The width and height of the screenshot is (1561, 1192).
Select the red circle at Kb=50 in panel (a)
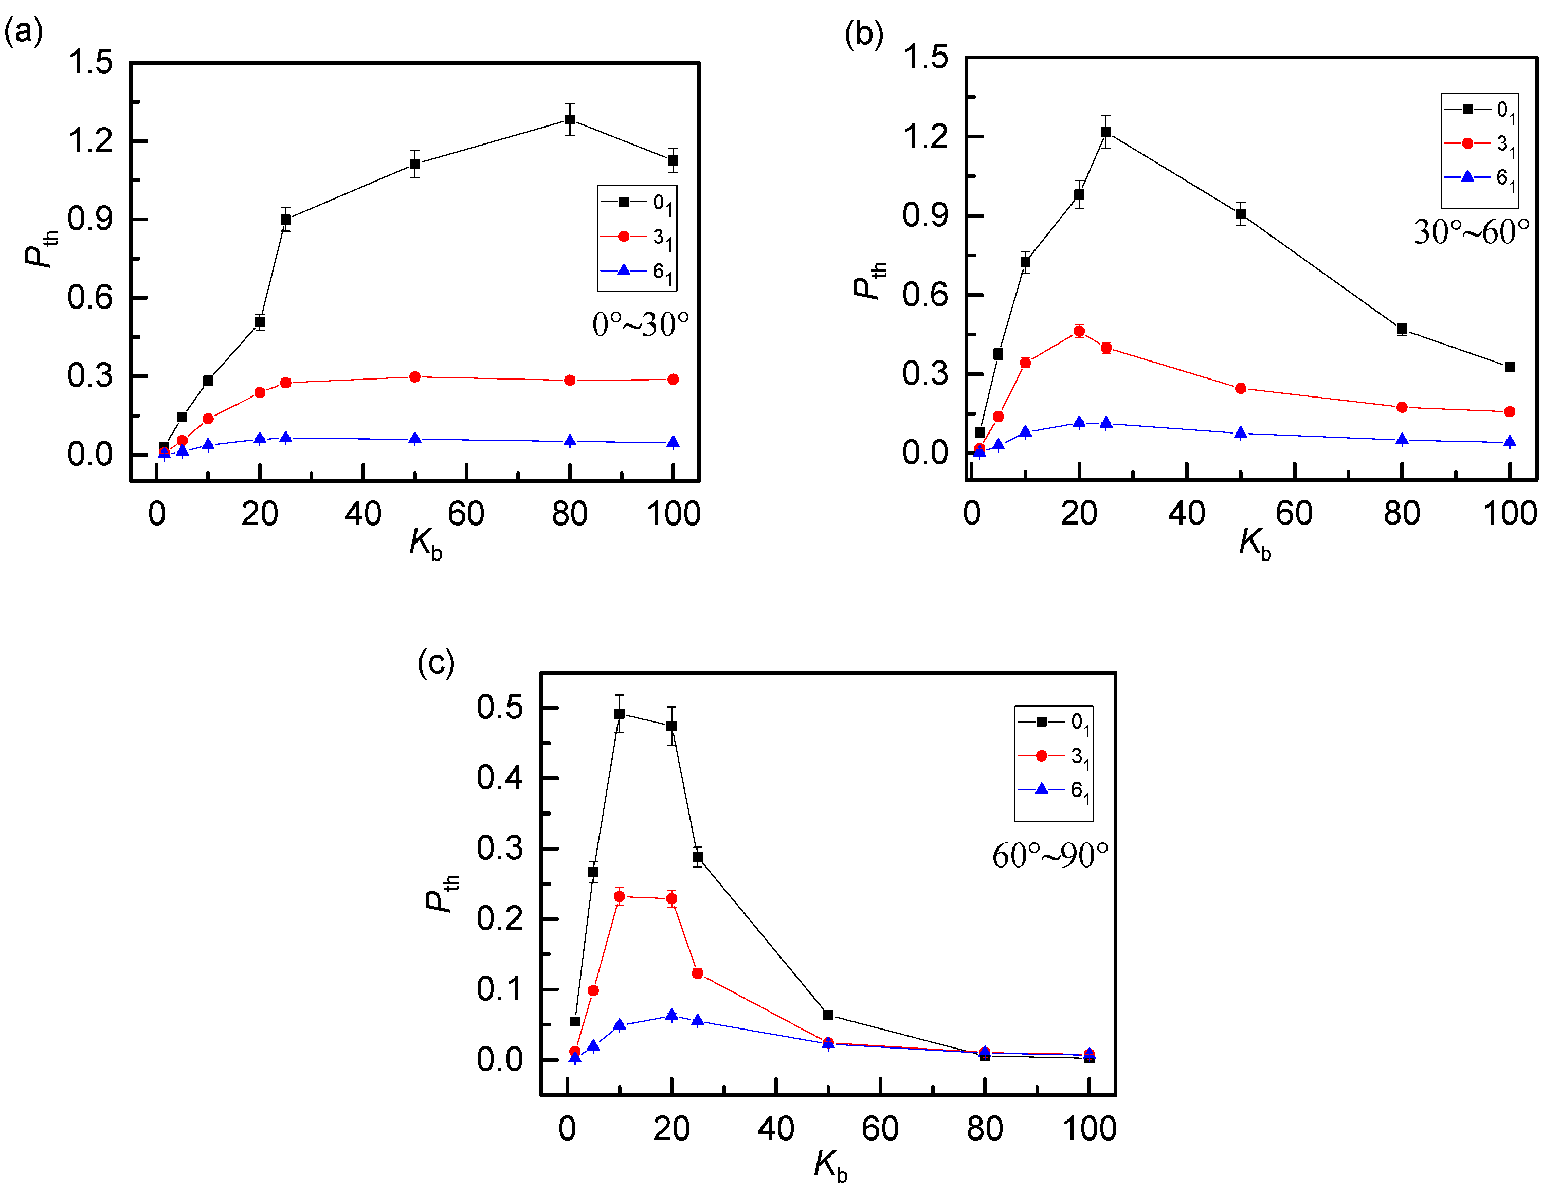point(415,377)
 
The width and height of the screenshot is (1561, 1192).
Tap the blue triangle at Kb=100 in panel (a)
point(673,443)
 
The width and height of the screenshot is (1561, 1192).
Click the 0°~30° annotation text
point(640,325)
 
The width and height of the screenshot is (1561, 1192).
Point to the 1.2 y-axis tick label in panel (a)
point(90,140)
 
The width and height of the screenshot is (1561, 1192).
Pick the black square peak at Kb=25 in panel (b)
point(1105,132)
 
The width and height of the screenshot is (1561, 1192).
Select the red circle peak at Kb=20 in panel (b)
point(1079,331)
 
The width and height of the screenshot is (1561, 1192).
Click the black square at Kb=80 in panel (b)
point(1402,329)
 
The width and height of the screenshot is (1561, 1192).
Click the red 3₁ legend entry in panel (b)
point(1479,144)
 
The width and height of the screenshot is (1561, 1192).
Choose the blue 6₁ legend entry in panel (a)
point(636,271)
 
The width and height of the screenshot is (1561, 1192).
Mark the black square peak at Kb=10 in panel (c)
point(619,713)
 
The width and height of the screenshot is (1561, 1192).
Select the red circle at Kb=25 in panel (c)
point(697,973)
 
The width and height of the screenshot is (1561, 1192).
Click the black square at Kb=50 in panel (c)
point(828,1015)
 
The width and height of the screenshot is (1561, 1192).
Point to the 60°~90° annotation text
point(1049,856)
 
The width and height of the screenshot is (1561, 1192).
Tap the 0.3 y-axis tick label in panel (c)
point(499,848)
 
